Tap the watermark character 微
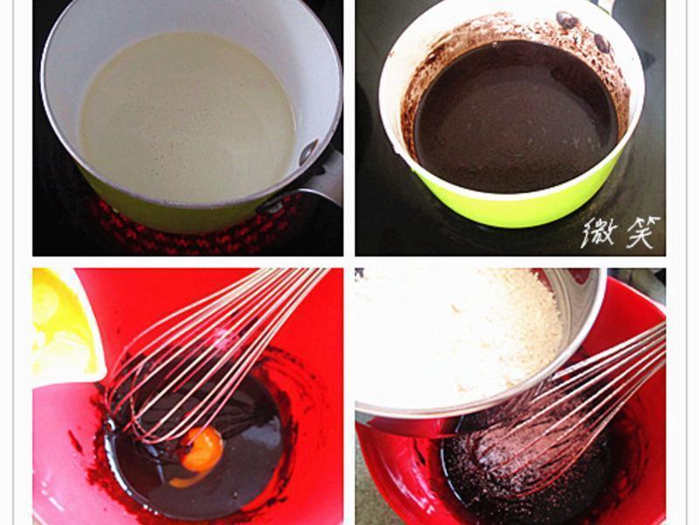(x=599, y=233)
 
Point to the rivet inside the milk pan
(x=308, y=151)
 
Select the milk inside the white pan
(x=187, y=117)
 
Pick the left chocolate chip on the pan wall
(x=566, y=20)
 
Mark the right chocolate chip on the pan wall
(x=602, y=43)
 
